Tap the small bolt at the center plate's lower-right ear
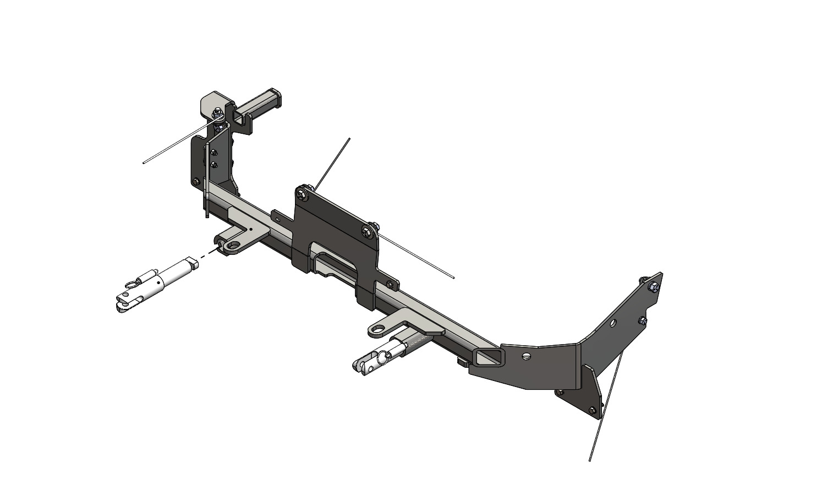(x=390, y=284)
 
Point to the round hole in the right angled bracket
(x=616, y=324)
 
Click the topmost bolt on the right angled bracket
(x=652, y=287)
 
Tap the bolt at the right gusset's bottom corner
(x=592, y=409)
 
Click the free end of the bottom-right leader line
(x=590, y=460)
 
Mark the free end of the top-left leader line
(x=144, y=163)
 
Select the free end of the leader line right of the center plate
(x=453, y=279)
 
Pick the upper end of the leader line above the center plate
(x=349, y=138)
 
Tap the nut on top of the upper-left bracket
(x=218, y=114)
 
